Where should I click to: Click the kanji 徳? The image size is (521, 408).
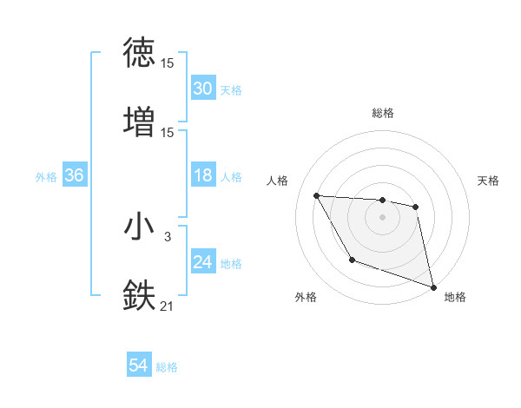[x=139, y=53]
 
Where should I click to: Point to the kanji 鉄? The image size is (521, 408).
[x=139, y=295]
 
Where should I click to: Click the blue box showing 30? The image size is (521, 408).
[x=202, y=89]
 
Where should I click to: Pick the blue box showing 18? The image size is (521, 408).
[x=202, y=176]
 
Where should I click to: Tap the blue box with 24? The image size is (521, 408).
[x=202, y=262]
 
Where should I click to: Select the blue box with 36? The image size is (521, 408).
[x=74, y=176]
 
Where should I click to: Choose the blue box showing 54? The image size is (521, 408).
[x=139, y=366]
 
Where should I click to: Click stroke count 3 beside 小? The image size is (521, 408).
[x=168, y=236]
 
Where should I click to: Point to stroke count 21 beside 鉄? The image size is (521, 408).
[x=168, y=305]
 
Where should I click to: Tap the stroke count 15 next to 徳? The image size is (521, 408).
[x=168, y=63]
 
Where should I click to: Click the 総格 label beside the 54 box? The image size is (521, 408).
[x=167, y=367]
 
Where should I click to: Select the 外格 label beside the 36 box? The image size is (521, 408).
[x=46, y=177]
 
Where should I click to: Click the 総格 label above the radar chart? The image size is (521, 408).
[x=382, y=113]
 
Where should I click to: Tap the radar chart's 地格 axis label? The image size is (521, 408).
[x=455, y=297]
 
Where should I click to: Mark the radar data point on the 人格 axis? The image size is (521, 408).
[x=316, y=195]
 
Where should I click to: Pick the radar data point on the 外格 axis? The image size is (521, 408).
[x=352, y=260]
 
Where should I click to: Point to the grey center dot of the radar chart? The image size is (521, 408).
[x=382, y=217]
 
